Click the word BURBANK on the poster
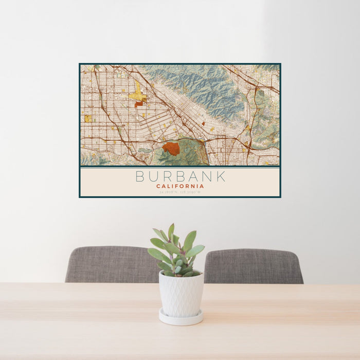pos(180,176)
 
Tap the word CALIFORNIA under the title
pos(180,186)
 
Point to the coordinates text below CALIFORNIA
pos(180,192)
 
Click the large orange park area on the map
pos(171,149)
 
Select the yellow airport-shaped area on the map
pos(137,94)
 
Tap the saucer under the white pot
pos(181,318)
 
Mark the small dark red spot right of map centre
pos(203,123)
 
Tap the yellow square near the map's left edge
pos(88,118)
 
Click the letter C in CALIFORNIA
pos(158,186)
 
